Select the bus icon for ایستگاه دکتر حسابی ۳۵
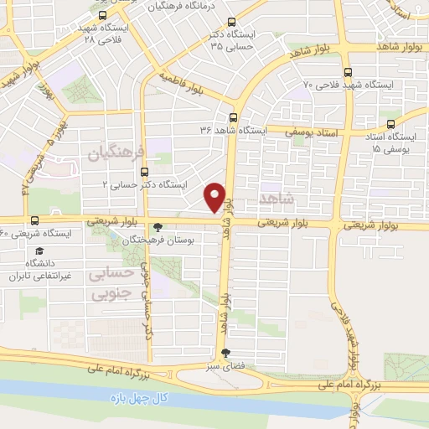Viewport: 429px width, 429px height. click(232, 23)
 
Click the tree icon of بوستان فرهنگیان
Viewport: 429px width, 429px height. click(158, 226)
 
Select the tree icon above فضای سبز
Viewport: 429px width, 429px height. click(224, 354)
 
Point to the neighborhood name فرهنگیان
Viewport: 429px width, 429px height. click(115, 153)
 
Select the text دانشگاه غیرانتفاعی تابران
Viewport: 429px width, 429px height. click(38, 268)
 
